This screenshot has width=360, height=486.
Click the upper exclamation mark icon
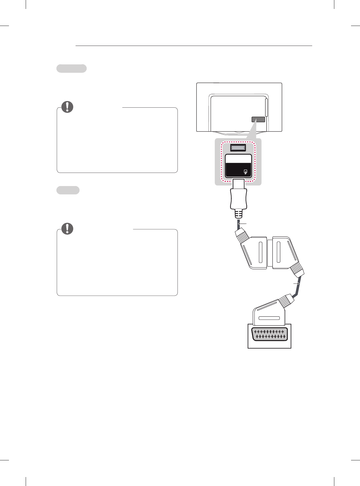coord(68,107)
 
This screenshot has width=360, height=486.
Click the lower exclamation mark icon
coord(68,229)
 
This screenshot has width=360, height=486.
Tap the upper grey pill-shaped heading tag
coord(72,68)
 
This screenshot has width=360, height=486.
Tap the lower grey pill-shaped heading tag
coord(68,190)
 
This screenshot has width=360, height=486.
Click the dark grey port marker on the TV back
coord(258,120)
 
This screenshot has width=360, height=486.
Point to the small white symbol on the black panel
coord(246,172)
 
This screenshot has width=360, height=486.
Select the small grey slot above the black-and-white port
coord(238,147)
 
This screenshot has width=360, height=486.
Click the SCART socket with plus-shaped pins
coord(269,334)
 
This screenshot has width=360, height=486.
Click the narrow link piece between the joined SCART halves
coord(270,252)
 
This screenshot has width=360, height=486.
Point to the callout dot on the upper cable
coord(239,224)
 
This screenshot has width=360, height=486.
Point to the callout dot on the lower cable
coord(298,283)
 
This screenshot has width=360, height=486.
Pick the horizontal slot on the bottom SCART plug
coord(269,318)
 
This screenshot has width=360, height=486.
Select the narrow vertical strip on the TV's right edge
coord(266,107)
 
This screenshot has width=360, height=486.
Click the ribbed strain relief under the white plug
coord(239,213)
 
